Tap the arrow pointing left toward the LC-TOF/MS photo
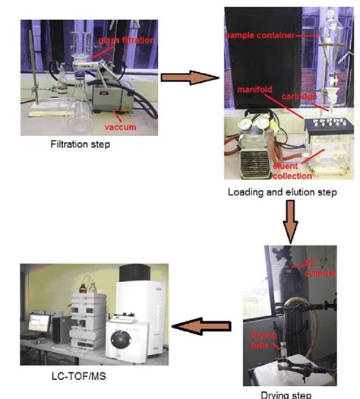click(200, 326)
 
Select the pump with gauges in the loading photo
click(254, 144)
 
